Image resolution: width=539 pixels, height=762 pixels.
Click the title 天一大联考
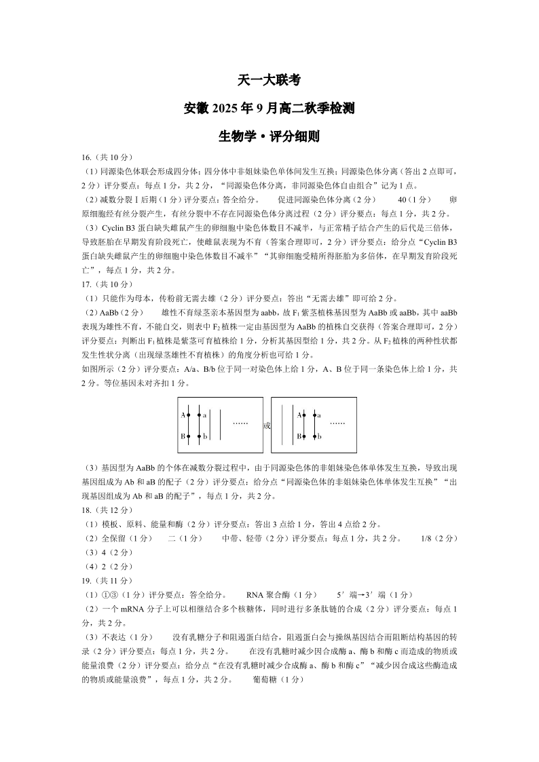(x=269, y=79)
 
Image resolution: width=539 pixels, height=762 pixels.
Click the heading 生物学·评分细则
(x=269, y=136)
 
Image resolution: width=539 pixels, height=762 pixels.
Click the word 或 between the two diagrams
(x=267, y=426)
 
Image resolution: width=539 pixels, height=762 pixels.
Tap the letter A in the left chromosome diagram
(x=183, y=415)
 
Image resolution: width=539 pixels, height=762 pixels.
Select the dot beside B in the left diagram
(x=189, y=437)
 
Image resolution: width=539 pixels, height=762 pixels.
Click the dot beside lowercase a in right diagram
(x=314, y=415)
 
